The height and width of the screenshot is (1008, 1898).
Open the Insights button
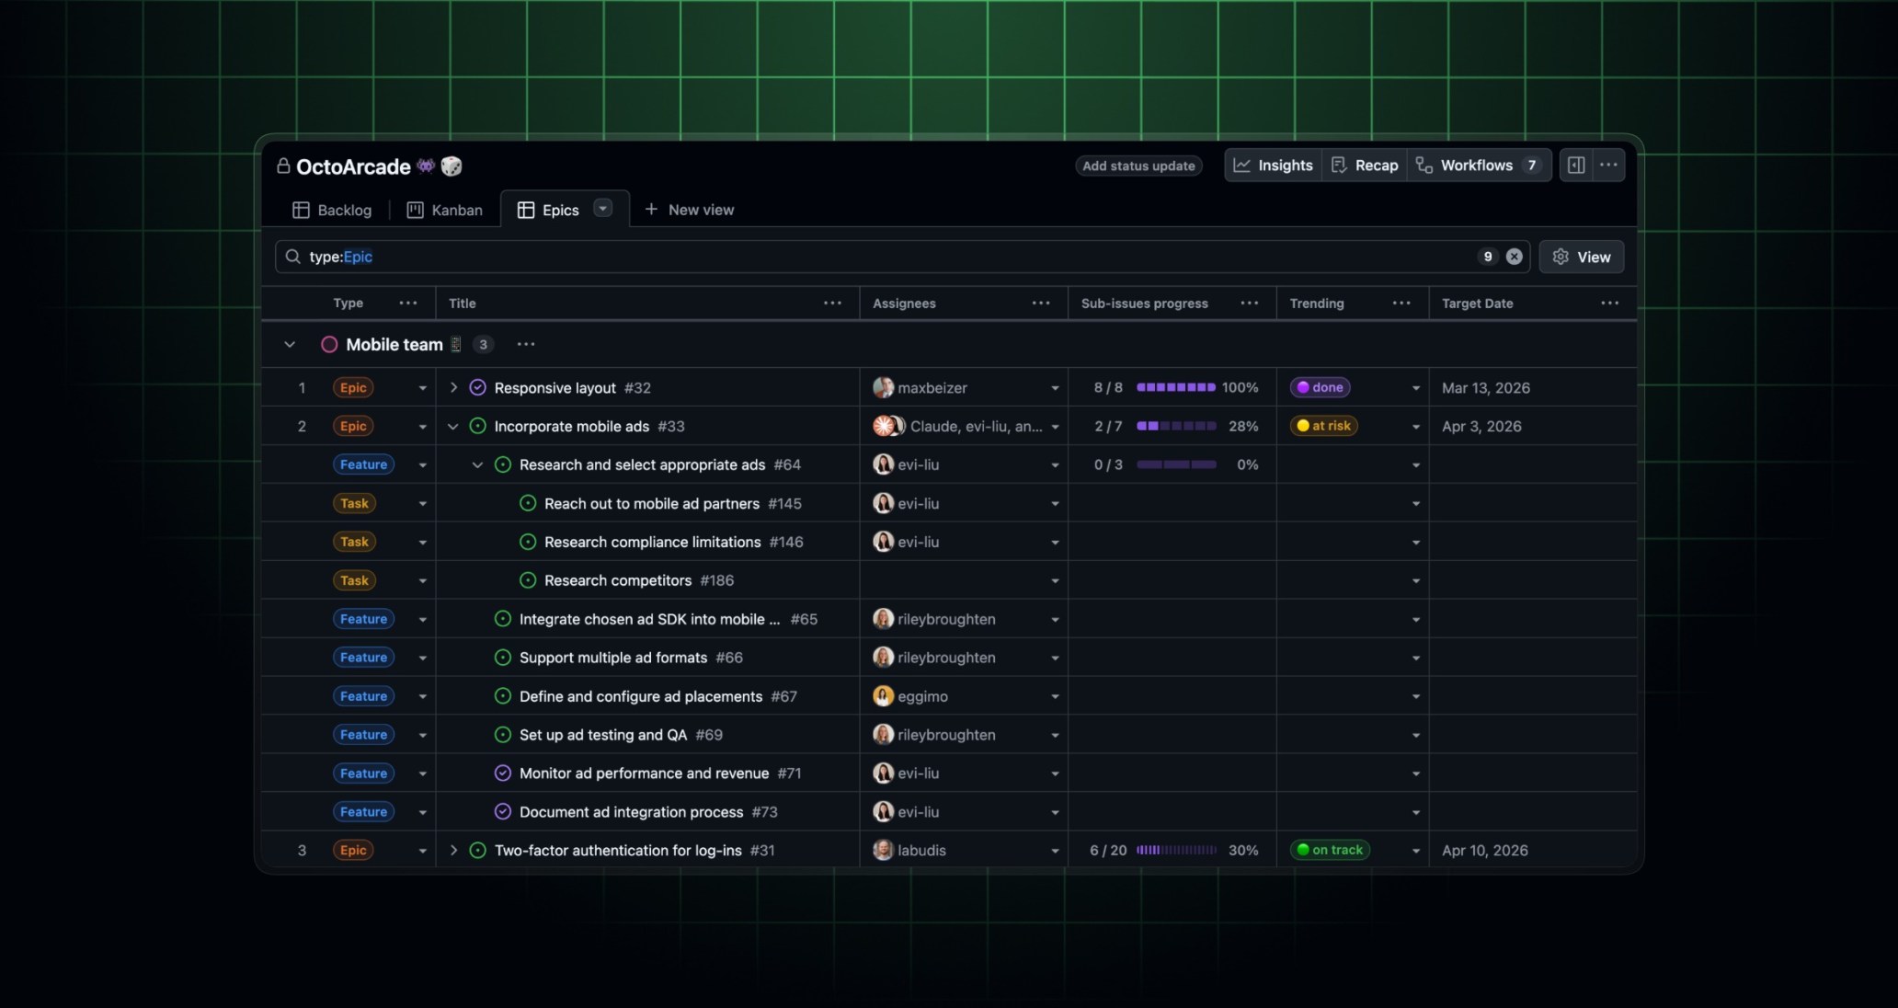coord(1274,166)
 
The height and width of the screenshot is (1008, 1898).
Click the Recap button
coord(1365,166)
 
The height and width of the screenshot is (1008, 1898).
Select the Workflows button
coord(1477,166)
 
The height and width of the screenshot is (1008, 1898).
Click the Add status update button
coord(1138,166)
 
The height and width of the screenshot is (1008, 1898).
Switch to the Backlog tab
coord(332,210)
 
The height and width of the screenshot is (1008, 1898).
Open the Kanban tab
coord(445,210)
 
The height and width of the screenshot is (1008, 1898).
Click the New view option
coord(690,210)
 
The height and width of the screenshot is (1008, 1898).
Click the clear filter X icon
coord(1514,257)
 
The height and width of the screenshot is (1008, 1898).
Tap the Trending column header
coord(1316,304)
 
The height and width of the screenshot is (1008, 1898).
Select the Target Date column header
coord(1477,304)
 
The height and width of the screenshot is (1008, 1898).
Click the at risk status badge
coord(1323,426)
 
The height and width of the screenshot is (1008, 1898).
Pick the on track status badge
coord(1330,850)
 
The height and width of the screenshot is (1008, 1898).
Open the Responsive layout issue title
coord(555,388)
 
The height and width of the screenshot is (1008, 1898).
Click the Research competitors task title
coord(617,580)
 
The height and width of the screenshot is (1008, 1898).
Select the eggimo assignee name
coord(922,696)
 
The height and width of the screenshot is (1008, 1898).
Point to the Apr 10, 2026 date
coord(1484,850)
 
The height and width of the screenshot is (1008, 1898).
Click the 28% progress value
coord(1243,426)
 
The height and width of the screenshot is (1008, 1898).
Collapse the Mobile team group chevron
coord(290,345)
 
